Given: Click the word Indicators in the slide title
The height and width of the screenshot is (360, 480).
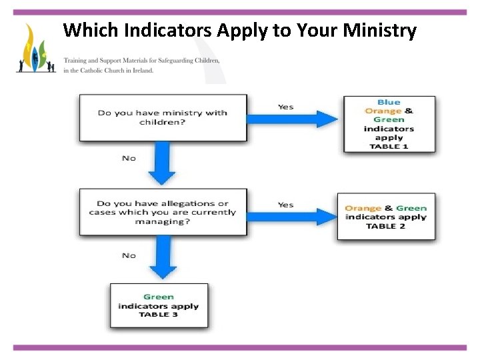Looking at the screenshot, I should [155, 31].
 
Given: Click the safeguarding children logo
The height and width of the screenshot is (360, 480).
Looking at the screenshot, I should [36, 50].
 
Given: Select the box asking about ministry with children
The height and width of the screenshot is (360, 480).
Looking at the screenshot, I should [163, 117].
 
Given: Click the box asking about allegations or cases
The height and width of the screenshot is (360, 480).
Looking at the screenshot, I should [163, 212].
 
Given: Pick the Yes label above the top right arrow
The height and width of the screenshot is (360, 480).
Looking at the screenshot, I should [285, 107].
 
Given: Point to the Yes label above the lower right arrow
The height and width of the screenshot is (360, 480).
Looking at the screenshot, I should [285, 205].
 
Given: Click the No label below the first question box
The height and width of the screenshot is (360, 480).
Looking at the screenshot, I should [129, 158].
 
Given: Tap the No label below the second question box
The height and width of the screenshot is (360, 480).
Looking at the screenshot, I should [129, 255].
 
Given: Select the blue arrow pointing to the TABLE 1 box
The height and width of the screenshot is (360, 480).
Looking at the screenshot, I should [293, 119].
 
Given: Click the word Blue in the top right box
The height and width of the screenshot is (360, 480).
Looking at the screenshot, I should [389, 103].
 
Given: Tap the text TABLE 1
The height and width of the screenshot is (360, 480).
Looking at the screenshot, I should [389, 146].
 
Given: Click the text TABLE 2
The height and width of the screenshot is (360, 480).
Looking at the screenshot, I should [385, 226].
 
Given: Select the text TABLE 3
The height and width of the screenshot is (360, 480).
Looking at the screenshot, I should [159, 315].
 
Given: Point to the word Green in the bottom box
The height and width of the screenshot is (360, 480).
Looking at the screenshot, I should [159, 297].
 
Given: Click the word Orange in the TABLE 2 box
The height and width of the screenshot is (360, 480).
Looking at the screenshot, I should [363, 209].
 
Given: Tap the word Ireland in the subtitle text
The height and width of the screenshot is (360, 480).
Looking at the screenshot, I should [142, 70].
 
